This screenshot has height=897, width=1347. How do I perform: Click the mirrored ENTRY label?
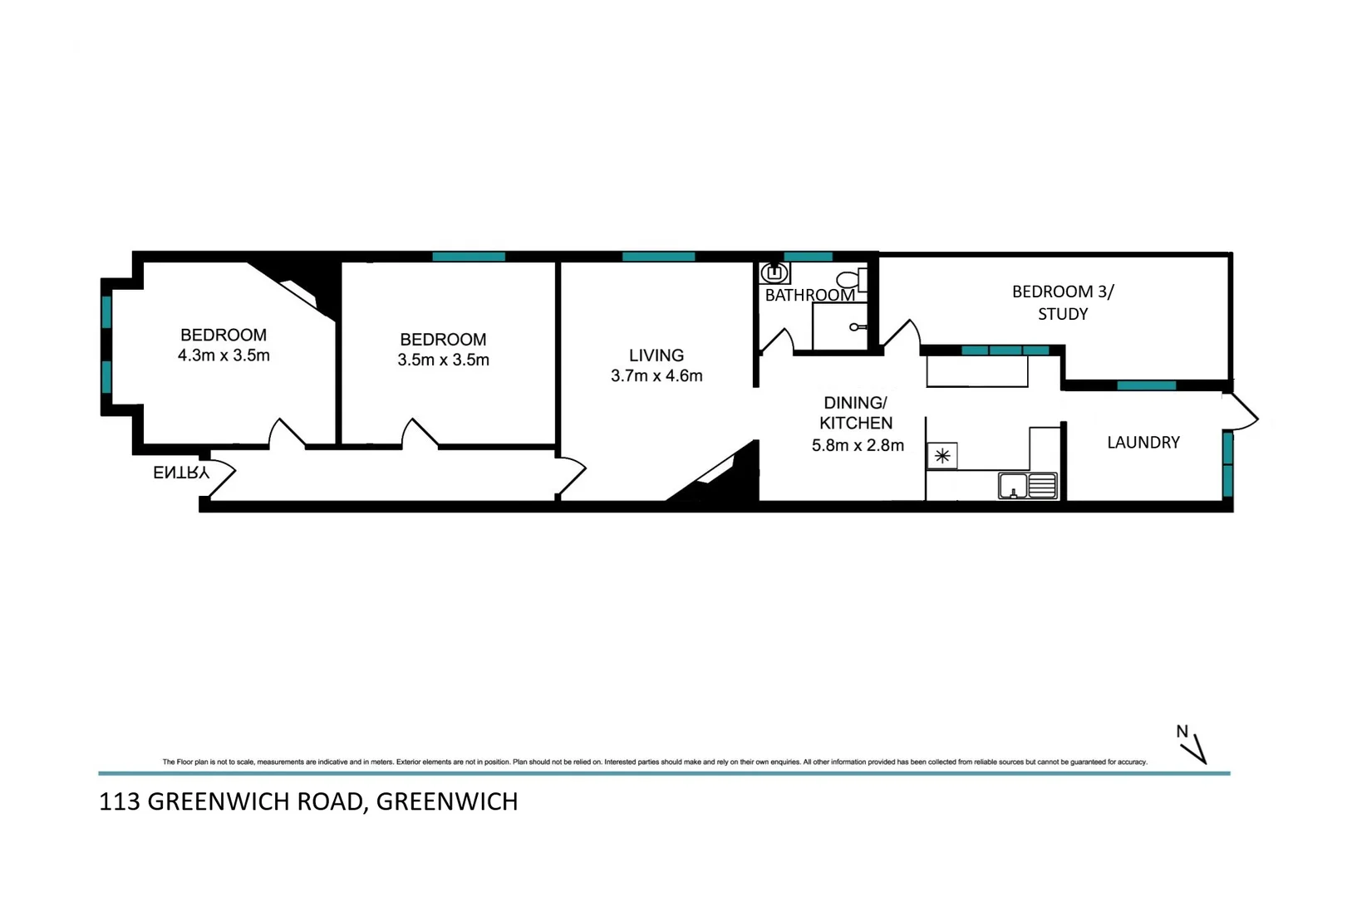point(180,473)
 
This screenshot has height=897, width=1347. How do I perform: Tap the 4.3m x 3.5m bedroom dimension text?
point(224,356)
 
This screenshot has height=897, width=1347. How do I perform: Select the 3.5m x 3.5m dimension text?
point(443,360)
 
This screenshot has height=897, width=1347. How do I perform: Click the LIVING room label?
point(656,355)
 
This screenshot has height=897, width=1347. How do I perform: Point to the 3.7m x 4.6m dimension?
point(656,376)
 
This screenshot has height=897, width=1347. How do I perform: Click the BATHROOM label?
point(809,296)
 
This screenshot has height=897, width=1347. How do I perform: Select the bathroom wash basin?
point(774,273)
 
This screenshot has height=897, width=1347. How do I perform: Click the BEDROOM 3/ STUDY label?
point(1063,302)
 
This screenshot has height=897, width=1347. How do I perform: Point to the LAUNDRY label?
point(1143,443)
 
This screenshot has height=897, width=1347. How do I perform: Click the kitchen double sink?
point(1028,486)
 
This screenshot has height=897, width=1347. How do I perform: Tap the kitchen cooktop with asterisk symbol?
point(942,456)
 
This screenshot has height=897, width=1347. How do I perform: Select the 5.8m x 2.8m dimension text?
point(858,446)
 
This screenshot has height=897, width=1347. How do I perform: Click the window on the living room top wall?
point(658,257)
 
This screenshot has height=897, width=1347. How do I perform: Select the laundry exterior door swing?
point(1242,411)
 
